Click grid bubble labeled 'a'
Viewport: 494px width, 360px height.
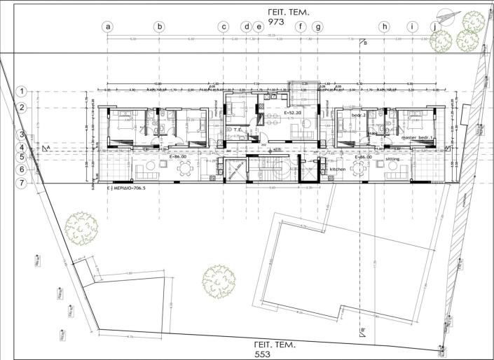pos(108,27)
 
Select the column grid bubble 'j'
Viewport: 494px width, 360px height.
pos(437,27)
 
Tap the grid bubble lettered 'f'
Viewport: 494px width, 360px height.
pos(301,27)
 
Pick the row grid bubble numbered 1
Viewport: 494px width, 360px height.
pos(22,91)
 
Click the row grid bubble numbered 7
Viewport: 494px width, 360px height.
pos(22,183)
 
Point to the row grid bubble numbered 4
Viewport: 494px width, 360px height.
pos(22,148)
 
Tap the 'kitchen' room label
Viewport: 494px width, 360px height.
pos(329,169)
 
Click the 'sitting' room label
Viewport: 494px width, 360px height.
pos(393,159)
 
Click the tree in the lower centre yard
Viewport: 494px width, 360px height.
pos(218,279)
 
